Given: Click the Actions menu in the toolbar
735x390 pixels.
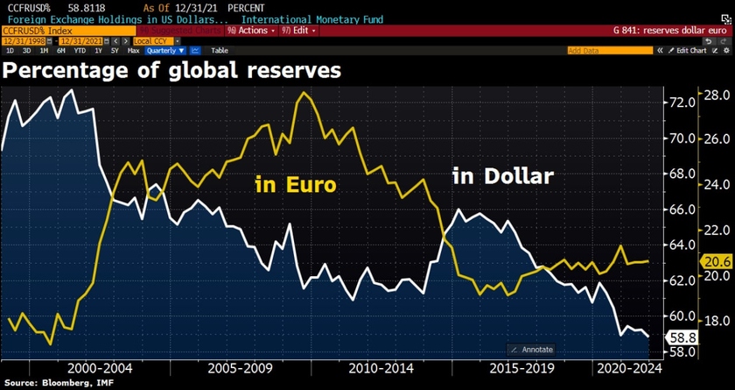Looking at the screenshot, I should (x=252, y=30).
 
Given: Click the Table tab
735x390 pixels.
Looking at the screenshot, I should (x=220, y=51).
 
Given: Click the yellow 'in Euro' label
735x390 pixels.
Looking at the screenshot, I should (x=295, y=185).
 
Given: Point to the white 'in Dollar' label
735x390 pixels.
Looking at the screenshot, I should (x=502, y=176).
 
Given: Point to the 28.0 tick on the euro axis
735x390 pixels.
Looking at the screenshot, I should (x=717, y=96).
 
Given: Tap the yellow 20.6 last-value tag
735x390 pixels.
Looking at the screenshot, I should (x=717, y=261).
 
